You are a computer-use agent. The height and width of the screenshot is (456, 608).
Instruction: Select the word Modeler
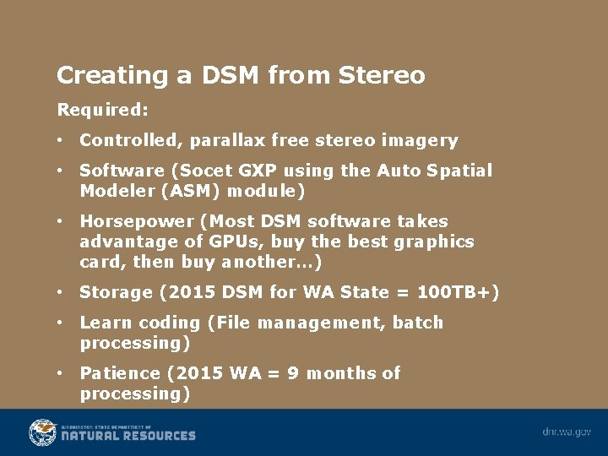tap(111, 191)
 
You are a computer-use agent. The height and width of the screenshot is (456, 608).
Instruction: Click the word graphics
tap(433, 242)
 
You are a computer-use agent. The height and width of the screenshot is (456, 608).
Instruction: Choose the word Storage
tap(116, 293)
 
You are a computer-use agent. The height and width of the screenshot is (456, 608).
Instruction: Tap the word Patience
tap(119, 373)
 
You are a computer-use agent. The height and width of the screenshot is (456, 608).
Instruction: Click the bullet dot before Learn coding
tap(61, 323)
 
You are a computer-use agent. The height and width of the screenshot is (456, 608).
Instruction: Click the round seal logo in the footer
tap(42, 432)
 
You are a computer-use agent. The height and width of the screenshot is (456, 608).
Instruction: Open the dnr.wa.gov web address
tap(567, 432)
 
